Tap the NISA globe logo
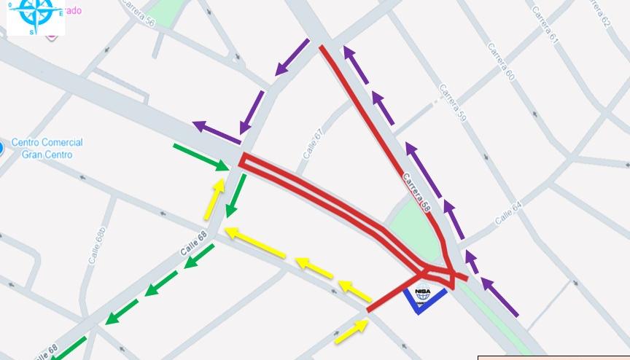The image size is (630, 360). click(x=423, y=294)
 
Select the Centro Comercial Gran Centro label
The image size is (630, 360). click(x=47, y=148)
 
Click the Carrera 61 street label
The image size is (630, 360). click(x=545, y=25)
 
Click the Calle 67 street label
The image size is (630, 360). click(x=312, y=144)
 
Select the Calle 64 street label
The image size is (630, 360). click(x=508, y=212)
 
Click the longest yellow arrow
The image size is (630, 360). click(x=255, y=243)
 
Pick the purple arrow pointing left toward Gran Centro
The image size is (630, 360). click(x=217, y=133)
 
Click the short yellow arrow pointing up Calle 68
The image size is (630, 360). click(x=215, y=197)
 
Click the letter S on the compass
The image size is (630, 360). click(x=32, y=31)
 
